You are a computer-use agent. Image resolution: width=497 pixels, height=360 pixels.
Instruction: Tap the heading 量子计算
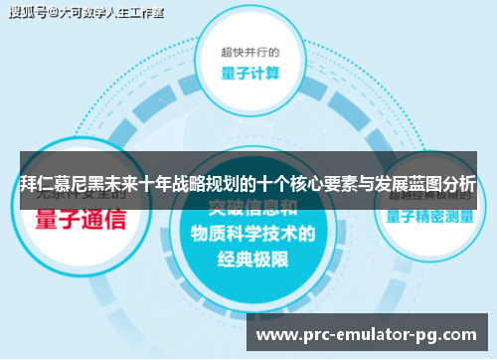[248, 73]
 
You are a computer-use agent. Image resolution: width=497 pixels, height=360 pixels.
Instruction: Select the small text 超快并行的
[248, 51]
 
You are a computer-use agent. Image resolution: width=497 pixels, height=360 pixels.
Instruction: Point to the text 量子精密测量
[430, 215]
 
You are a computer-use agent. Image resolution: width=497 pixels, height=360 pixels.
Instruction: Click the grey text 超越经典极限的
[429, 195]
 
